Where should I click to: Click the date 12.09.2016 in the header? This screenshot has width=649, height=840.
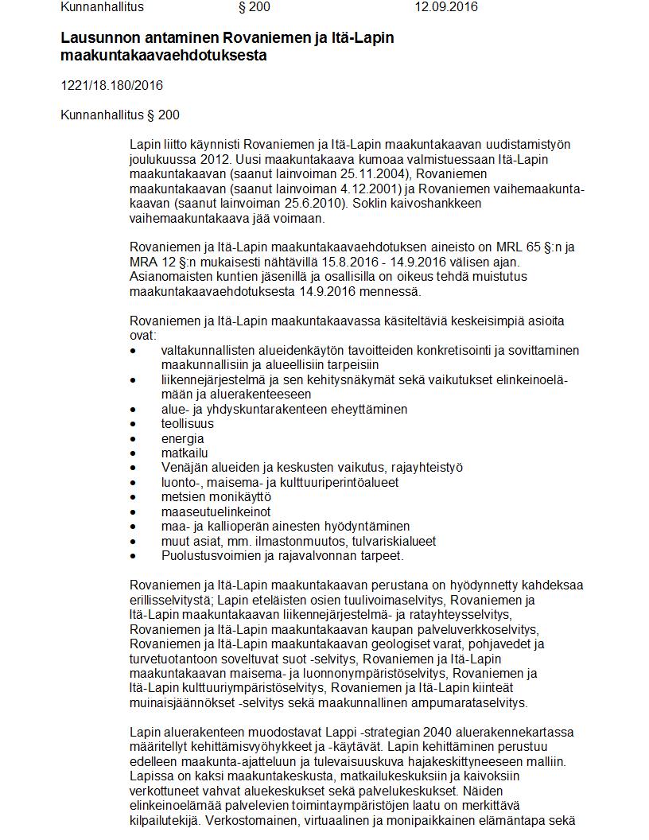click(445, 7)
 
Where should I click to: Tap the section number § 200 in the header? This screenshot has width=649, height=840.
click(255, 7)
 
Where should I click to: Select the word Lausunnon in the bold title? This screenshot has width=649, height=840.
click(99, 38)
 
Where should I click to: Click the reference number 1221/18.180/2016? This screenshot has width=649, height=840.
click(111, 85)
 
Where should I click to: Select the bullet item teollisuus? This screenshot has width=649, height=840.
click(187, 424)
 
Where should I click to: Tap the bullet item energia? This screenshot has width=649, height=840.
click(182, 438)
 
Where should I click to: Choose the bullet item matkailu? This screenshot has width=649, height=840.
click(184, 453)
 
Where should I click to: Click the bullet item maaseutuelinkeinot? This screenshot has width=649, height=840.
click(216, 511)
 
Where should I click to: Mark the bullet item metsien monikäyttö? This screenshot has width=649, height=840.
click(204, 497)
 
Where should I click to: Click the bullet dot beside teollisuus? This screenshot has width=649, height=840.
click(134, 424)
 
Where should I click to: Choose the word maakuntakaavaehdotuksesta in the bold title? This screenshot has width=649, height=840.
click(164, 56)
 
